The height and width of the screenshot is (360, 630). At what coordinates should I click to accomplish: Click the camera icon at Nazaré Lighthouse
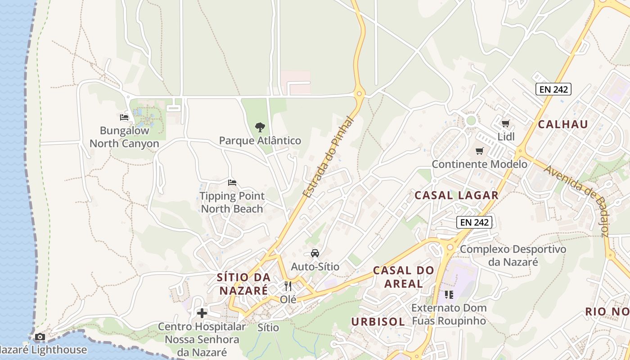(x=40, y=337)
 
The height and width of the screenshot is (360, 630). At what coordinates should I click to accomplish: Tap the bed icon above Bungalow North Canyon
(x=125, y=117)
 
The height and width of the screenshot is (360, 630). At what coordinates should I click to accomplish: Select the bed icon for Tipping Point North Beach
(x=232, y=183)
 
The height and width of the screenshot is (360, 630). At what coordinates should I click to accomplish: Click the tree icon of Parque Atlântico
(x=260, y=127)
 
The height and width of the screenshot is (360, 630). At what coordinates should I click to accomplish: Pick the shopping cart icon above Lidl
(x=506, y=123)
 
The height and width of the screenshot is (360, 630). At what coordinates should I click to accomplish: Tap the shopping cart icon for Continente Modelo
(x=480, y=151)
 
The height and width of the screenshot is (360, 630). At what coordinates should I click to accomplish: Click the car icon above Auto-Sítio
(x=315, y=253)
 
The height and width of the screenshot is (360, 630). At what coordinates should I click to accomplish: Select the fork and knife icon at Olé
(x=288, y=286)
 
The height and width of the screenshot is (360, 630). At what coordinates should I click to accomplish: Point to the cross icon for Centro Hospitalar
(x=202, y=313)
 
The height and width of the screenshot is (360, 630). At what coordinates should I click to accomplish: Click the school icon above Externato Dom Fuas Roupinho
(x=449, y=295)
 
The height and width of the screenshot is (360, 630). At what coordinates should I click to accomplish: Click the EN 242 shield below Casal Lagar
(x=475, y=222)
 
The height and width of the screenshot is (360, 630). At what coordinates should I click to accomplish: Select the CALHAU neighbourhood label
(x=563, y=125)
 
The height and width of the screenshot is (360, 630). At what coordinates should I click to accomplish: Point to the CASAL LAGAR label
(x=456, y=195)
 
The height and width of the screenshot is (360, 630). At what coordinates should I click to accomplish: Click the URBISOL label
(x=378, y=322)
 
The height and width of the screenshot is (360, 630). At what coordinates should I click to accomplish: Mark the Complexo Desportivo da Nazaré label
(x=513, y=255)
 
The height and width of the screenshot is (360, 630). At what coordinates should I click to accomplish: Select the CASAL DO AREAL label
(x=404, y=277)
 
